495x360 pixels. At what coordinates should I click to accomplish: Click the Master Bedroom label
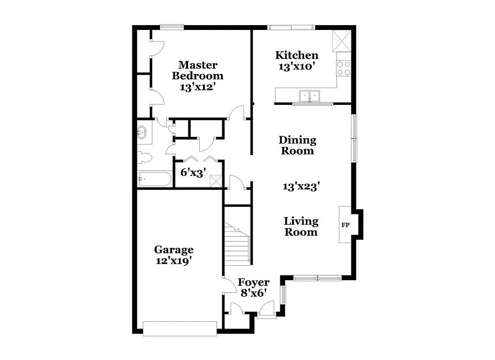pos(198,70)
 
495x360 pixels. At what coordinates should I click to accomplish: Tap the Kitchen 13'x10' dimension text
pos(297,67)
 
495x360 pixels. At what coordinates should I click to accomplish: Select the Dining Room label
pos(297,145)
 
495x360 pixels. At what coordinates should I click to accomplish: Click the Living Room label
pos(301,227)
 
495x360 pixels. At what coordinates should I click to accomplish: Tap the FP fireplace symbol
pos(346,225)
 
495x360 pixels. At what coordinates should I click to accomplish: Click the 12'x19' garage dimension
pos(174,260)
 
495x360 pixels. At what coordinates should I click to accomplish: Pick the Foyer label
pos(253,282)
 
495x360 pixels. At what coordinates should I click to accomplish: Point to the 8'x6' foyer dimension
pos(253,293)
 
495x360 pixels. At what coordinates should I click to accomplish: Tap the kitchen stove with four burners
pos(344,68)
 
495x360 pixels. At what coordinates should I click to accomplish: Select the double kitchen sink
pos(309,96)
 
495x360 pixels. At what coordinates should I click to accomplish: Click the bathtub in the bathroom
pos(154,179)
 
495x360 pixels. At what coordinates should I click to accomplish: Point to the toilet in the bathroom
pos(145,158)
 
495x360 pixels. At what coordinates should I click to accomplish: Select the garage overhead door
pos(180,329)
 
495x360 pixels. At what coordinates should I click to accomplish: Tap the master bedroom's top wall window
pos(172,27)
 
